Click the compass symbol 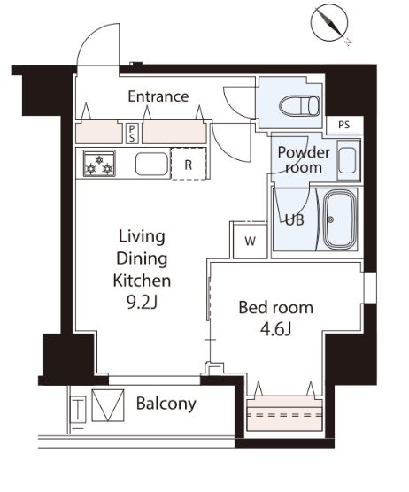329,24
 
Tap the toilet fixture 300,105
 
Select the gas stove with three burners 99,163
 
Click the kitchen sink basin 151,164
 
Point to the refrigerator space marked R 189,164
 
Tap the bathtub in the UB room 340,219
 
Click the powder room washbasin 348,160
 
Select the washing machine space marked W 251,241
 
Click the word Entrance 158,96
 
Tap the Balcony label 166,404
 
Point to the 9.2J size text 142,303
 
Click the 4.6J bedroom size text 276,329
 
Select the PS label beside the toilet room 344,125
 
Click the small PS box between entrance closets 132,134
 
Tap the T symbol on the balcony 78,410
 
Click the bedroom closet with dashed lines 285,414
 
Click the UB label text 295,220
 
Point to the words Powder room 304,159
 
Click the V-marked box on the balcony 108,405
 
